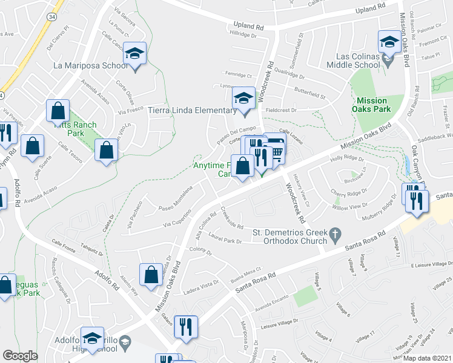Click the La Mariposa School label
click(90, 65)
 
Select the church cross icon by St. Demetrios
click(334, 233)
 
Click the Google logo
click(20, 356)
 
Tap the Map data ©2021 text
click(428, 358)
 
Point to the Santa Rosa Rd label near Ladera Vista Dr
click(256, 285)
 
